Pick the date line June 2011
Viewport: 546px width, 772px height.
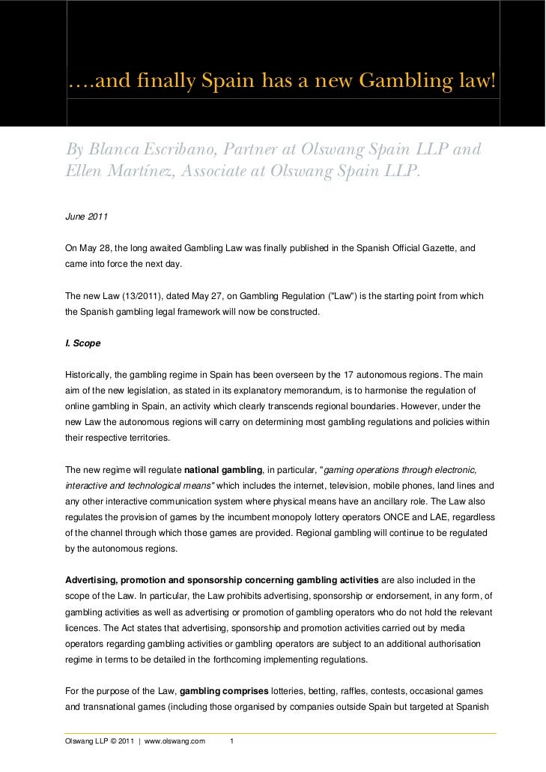click(x=87, y=217)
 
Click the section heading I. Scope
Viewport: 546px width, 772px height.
click(x=83, y=343)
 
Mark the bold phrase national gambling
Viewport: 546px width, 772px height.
click(x=223, y=470)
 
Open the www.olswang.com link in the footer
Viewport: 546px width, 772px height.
click(x=175, y=742)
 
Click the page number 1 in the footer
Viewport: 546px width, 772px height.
click(x=233, y=742)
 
